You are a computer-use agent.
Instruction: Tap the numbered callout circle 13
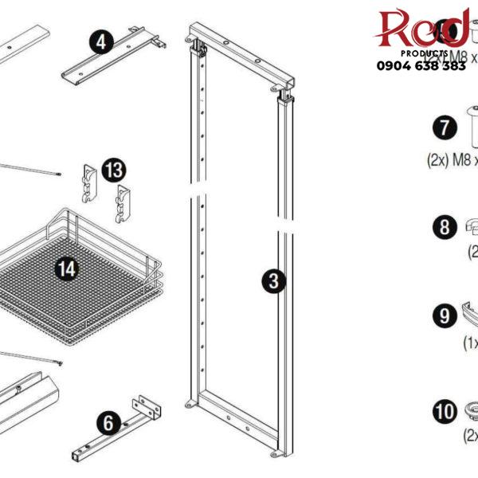tap(113, 170)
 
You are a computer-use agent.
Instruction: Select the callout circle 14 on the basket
tap(68, 268)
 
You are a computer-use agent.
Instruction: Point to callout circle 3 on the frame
tap(273, 280)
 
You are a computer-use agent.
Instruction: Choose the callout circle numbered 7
tap(444, 127)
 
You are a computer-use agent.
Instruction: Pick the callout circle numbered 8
tap(444, 228)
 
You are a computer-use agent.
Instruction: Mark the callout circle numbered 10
tap(444, 412)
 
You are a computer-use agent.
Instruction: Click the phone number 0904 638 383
tap(421, 67)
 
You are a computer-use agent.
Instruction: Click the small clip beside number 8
tap(471, 227)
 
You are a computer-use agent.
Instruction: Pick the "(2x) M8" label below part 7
tap(450, 160)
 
